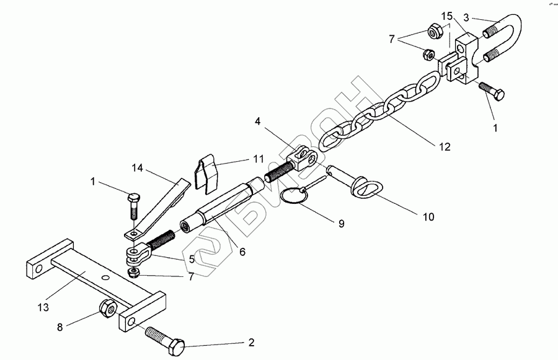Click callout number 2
250,342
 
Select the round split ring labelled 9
295,197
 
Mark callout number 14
137,167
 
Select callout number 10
428,217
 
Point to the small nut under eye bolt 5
133,273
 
